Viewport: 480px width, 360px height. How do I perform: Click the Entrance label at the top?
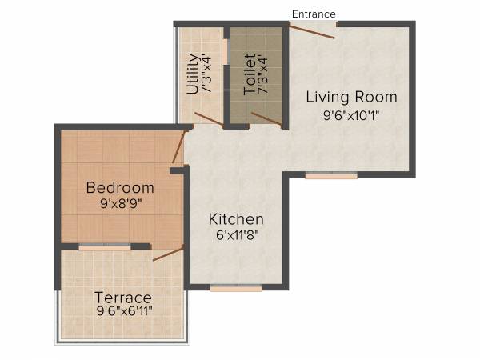click(314, 14)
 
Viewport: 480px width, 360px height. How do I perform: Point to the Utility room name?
click(192, 74)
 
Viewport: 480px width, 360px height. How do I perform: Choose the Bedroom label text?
click(119, 187)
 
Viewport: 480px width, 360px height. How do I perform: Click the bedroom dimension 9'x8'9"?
click(119, 204)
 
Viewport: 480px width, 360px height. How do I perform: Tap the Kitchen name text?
click(236, 218)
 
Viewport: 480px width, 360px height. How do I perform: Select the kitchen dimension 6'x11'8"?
click(236, 235)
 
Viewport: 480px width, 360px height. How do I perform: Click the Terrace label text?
click(122, 298)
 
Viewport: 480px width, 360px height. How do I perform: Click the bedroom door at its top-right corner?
click(179, 148)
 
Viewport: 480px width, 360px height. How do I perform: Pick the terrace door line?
click(168, 254)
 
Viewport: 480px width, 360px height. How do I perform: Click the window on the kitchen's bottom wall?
click(225, 288)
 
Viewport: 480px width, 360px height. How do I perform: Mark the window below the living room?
click(330, 175)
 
